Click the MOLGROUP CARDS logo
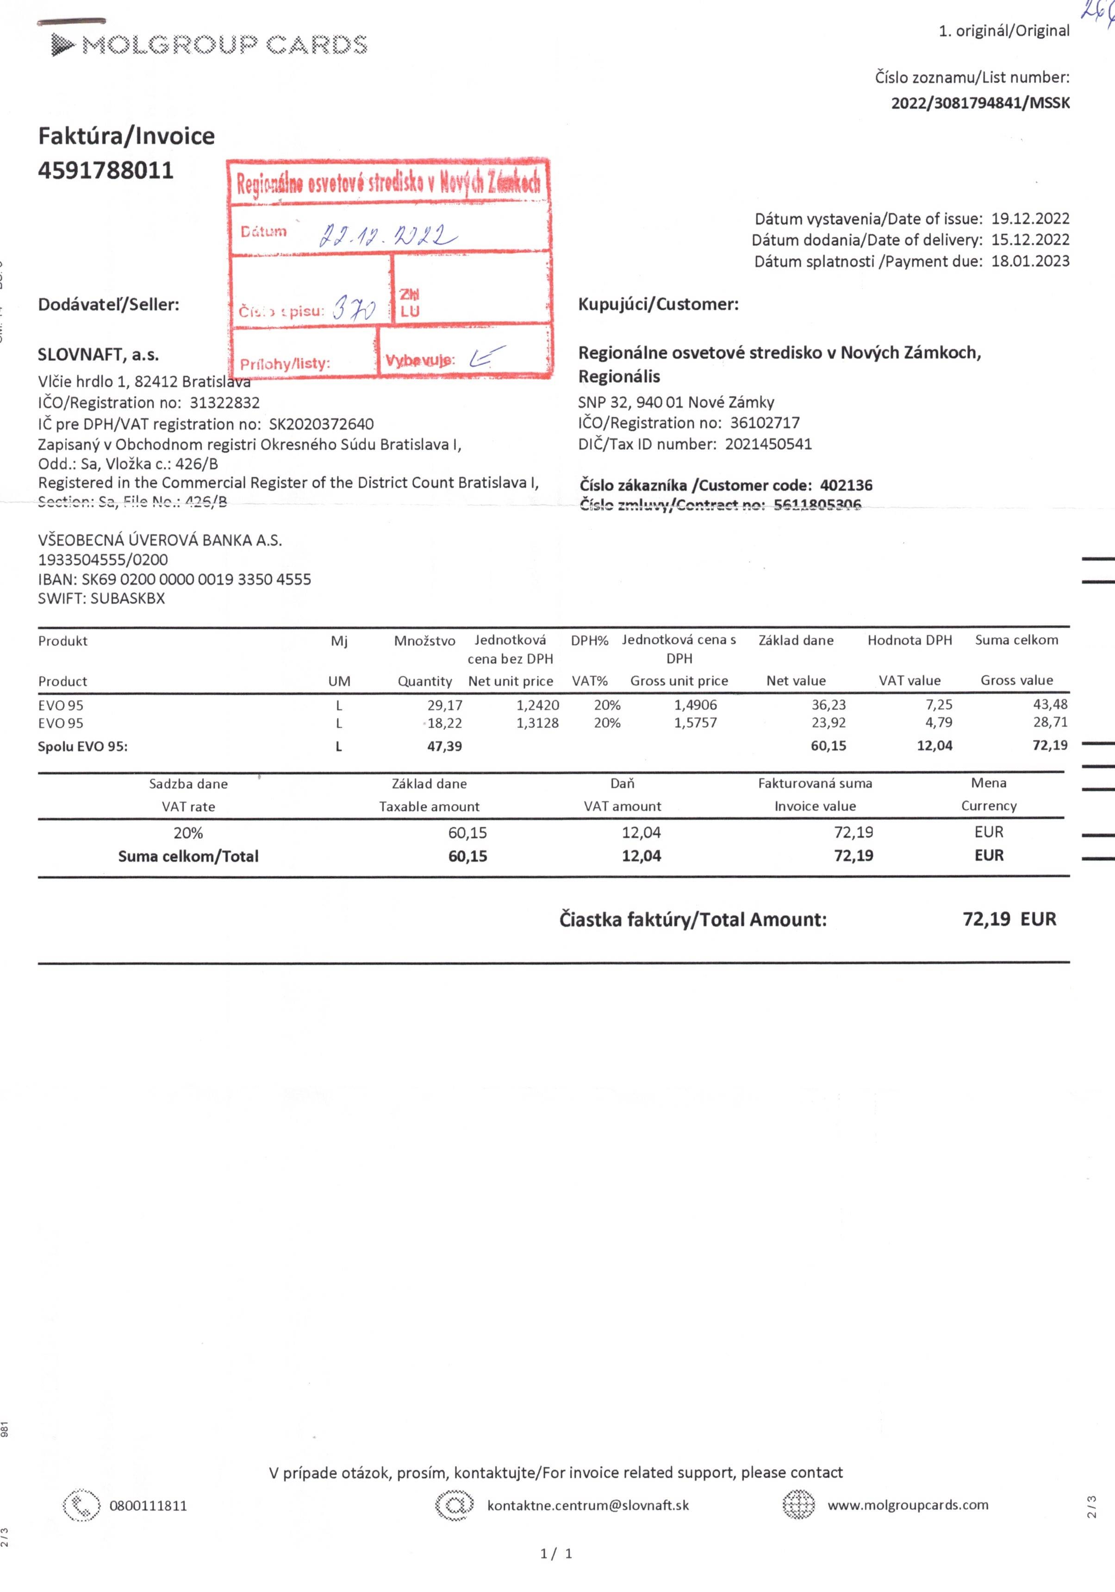pyautogui.click(x=209, y=45)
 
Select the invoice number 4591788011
pyautogui.click(x=106, y=170)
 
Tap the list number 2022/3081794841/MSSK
pyautogui.click(x=980, y=103)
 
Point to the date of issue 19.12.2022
pyautogui.click(x=1030, y=219)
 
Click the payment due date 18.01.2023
pyautogui.click(x=1030, y=261)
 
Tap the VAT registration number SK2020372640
pyautogui.click(x=321, y=424)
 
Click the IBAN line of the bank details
pyautogui.click(x=174, y=579)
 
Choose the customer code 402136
pyautogui.click(x=846, y=485)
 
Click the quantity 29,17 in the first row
pyautogui.click(x=444, y=705)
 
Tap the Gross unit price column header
pyautogui.click(x=679, y=681)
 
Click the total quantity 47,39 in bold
pyautogui.click(x=444, y=747)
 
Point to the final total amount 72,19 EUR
pyautogui.click(x=1009, y=919)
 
